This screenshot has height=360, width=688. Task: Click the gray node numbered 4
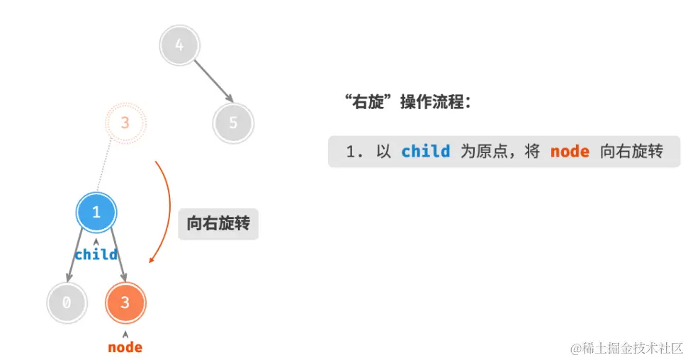click(179, 45)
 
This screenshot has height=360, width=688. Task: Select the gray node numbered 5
click(233, 123)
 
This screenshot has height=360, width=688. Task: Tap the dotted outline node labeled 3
click(125, 123)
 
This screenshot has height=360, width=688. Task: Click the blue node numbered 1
click(96, 212)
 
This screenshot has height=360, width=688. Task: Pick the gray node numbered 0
click(67, 303)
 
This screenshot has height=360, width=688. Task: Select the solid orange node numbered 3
click(125, 303)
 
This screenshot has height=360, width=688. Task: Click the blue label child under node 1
click(96, 254)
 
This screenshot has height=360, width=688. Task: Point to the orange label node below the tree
click(125, 347)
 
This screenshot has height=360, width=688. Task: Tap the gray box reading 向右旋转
click(218, 224)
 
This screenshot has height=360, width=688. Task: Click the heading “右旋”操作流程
click(407, 102)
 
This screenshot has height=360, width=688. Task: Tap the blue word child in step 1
click(425, 152)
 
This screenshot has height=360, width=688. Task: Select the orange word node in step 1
click(570, 152)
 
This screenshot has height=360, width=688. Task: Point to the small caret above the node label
click(125, 334)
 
